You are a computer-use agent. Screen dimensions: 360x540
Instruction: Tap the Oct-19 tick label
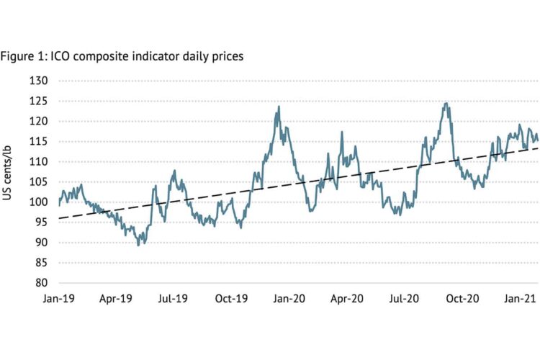(232, 298)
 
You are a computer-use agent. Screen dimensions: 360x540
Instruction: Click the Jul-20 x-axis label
(404, 298)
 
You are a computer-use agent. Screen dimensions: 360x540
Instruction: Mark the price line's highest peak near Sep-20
(446, 103)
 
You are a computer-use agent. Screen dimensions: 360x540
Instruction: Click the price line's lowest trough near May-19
(138, 246)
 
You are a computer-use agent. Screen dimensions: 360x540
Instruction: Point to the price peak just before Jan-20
(279, 107)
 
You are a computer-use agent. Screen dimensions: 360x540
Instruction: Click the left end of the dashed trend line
(60, 218)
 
